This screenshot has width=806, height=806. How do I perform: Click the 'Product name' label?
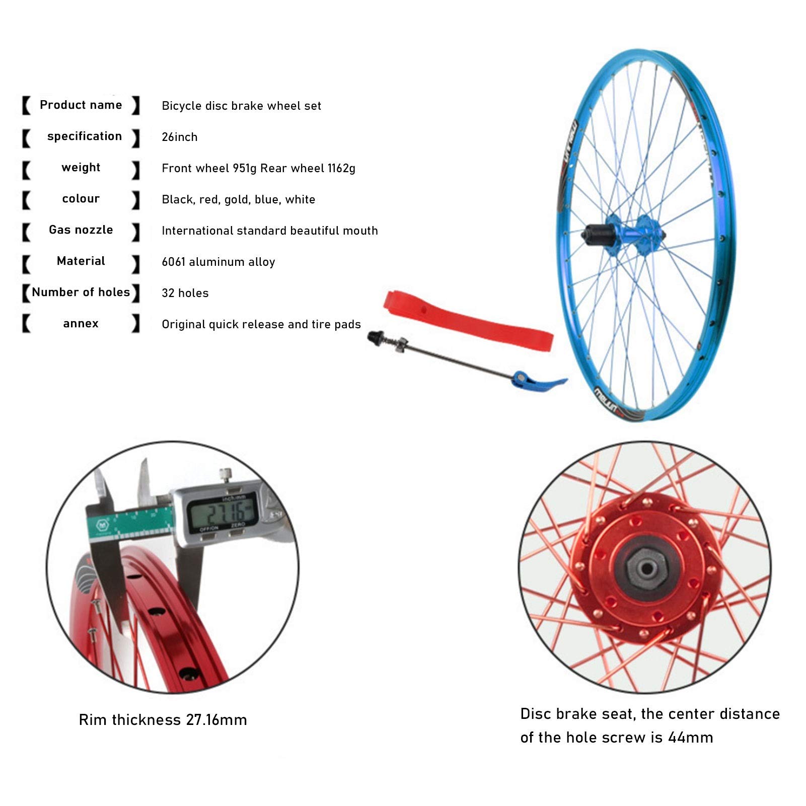81,105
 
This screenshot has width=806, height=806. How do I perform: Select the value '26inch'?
179,137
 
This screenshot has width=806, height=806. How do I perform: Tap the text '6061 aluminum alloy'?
218,262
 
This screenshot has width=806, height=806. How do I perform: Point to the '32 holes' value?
185,293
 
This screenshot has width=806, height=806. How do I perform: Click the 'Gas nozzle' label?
81,230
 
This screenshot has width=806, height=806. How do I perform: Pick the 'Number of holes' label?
81,292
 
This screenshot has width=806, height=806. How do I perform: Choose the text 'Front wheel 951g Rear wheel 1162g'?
258,168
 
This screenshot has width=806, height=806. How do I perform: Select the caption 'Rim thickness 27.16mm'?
163,720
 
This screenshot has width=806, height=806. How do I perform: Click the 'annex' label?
81,324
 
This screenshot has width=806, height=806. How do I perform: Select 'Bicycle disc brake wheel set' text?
241,106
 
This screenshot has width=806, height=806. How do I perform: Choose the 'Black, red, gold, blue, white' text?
238,199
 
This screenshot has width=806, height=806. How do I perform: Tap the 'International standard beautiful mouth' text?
269,231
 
